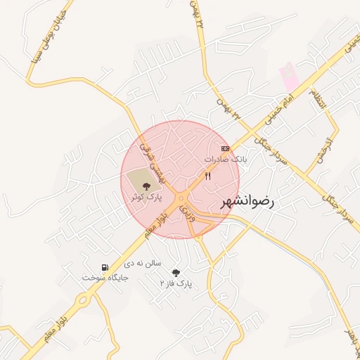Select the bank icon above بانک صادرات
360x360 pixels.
[x=225, y=148]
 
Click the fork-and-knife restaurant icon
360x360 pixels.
[x=207, y=176]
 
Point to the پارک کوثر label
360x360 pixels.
[x=145, y=198]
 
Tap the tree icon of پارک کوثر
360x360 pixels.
[x=146, y=186]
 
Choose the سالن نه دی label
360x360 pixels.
[x=143, y=263]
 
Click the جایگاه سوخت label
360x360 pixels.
[x=105, y=278]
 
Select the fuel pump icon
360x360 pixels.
[x=105, y=267]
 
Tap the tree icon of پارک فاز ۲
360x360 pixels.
[x=176, y=273]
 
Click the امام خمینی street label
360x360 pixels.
[x=271, y=112]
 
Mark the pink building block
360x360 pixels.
[x=289, y=77]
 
